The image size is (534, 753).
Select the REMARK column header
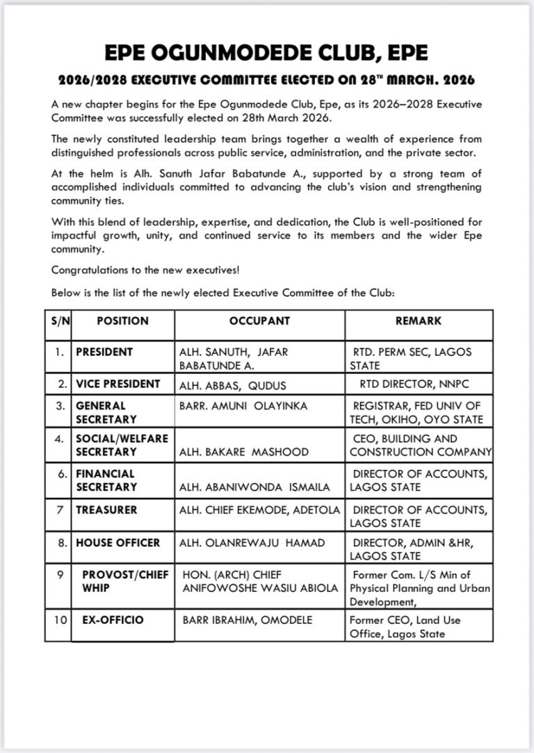point(418,321)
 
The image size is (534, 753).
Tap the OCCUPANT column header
point(259,321)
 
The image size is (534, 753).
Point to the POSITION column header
point(122,321)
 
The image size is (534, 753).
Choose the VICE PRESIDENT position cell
point(118,384)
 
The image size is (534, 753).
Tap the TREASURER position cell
point(106,510)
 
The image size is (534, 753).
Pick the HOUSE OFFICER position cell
point(118,542)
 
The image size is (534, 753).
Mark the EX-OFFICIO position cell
point(113,619)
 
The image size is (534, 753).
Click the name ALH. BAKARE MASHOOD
point(244,452)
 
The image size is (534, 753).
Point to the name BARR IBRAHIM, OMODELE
point(248,620)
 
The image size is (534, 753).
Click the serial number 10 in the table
point(60,619)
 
